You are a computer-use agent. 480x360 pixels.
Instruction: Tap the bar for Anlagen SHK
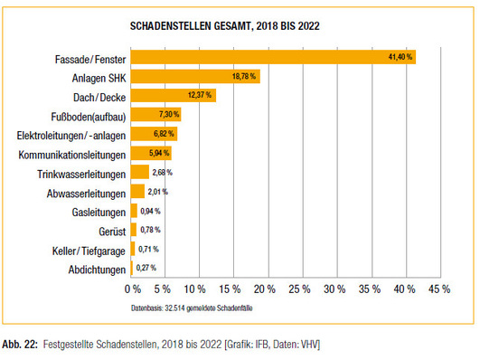point(195,76)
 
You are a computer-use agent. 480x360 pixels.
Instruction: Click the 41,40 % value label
point(399,57)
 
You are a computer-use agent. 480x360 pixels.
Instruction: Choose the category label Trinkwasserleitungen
point(77,173)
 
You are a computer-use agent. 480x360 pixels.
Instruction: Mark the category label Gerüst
point(108,231)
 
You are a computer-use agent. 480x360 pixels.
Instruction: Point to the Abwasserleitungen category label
point(80,193)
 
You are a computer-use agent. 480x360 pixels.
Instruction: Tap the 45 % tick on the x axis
point(439,290)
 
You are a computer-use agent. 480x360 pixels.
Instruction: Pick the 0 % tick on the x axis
point(132,290)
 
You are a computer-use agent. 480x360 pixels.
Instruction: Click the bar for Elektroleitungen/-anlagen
point(154,134)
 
